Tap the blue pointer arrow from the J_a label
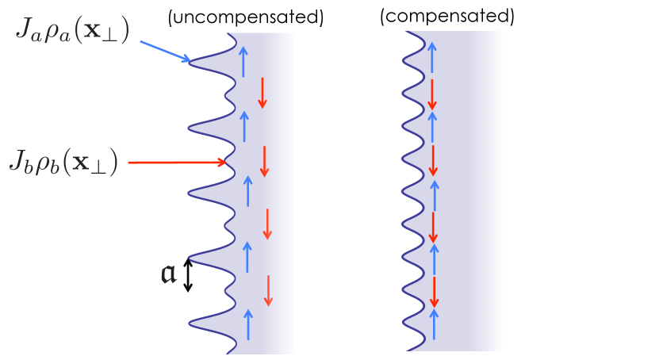pyautogui.click(x=165, y=50)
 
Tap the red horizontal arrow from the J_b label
pyautogui.click(x=177, y=163)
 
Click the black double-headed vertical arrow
pyautogui.click(x=188, y=274)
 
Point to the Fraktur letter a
pyautogui.click(x=169, y=274)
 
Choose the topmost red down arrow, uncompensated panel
pyautogui.click(x=262, y=94)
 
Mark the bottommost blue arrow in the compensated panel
pyautogui.click(x=435, y=322)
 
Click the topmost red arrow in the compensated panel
pyautogui.click(x=431, y=94)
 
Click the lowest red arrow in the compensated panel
pyautogui.click(x=435, y=293)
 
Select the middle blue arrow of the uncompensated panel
pyautogui.click(x=247, y=190)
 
